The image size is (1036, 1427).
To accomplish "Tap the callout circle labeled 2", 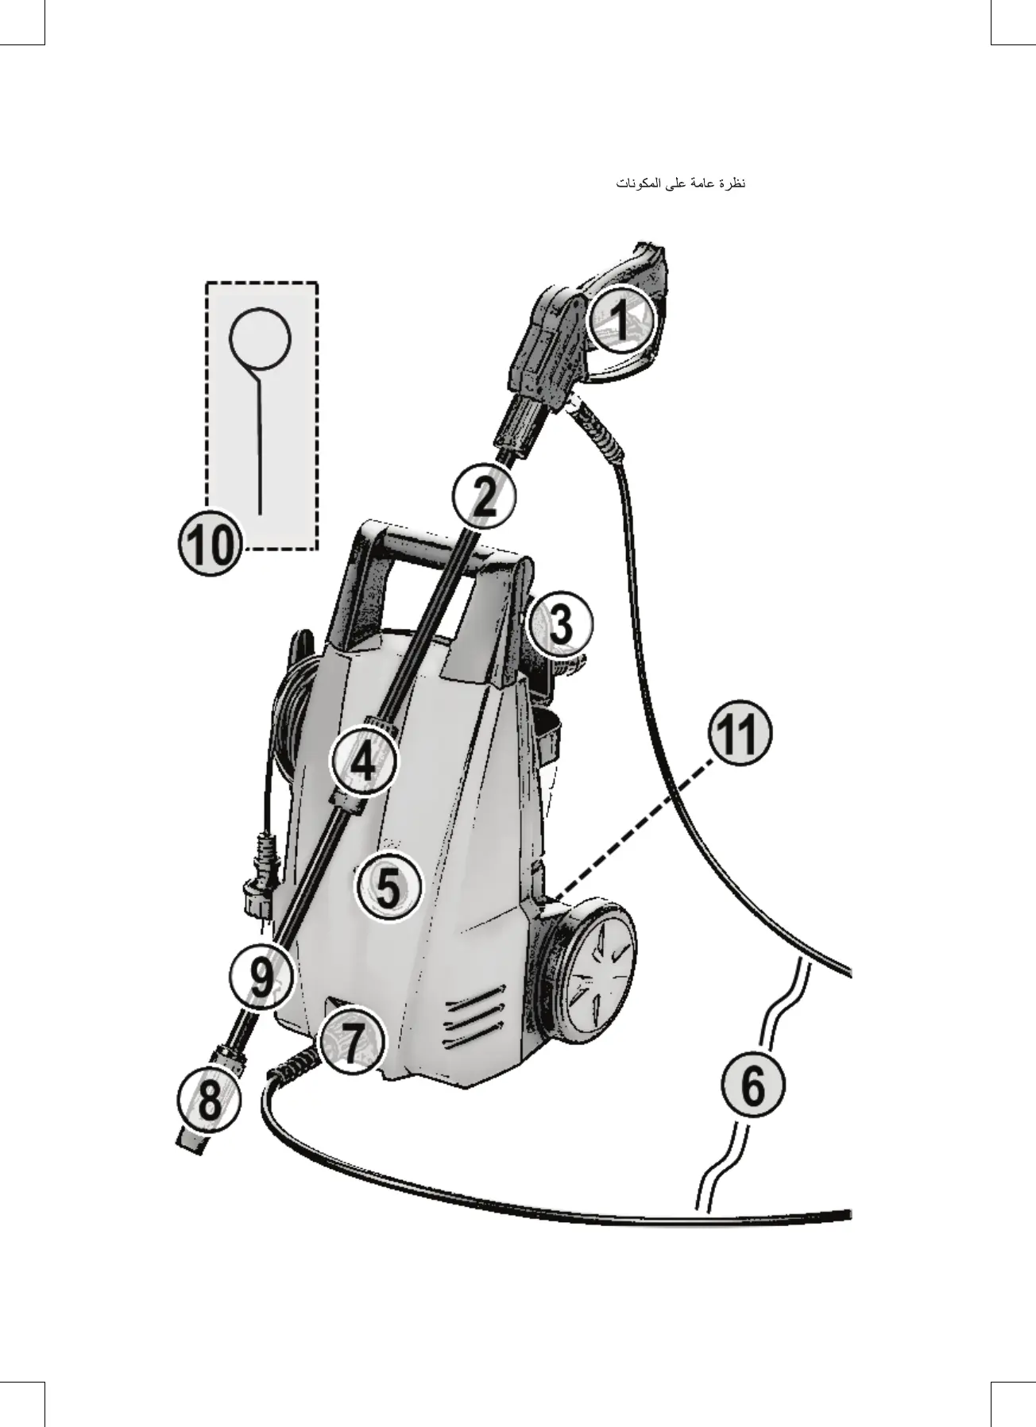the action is tap(484, 497).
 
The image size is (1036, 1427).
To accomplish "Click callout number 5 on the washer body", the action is tap(388, 887).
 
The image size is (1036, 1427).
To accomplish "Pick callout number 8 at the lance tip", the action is tap(209, 1101).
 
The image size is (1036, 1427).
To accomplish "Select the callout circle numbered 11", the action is tap(740, 736).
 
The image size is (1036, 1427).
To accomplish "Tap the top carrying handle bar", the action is tap(445, 548).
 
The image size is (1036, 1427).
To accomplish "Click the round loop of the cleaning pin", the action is tap(260, 339).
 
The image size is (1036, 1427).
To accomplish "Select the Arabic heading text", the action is tap(681, 184).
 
